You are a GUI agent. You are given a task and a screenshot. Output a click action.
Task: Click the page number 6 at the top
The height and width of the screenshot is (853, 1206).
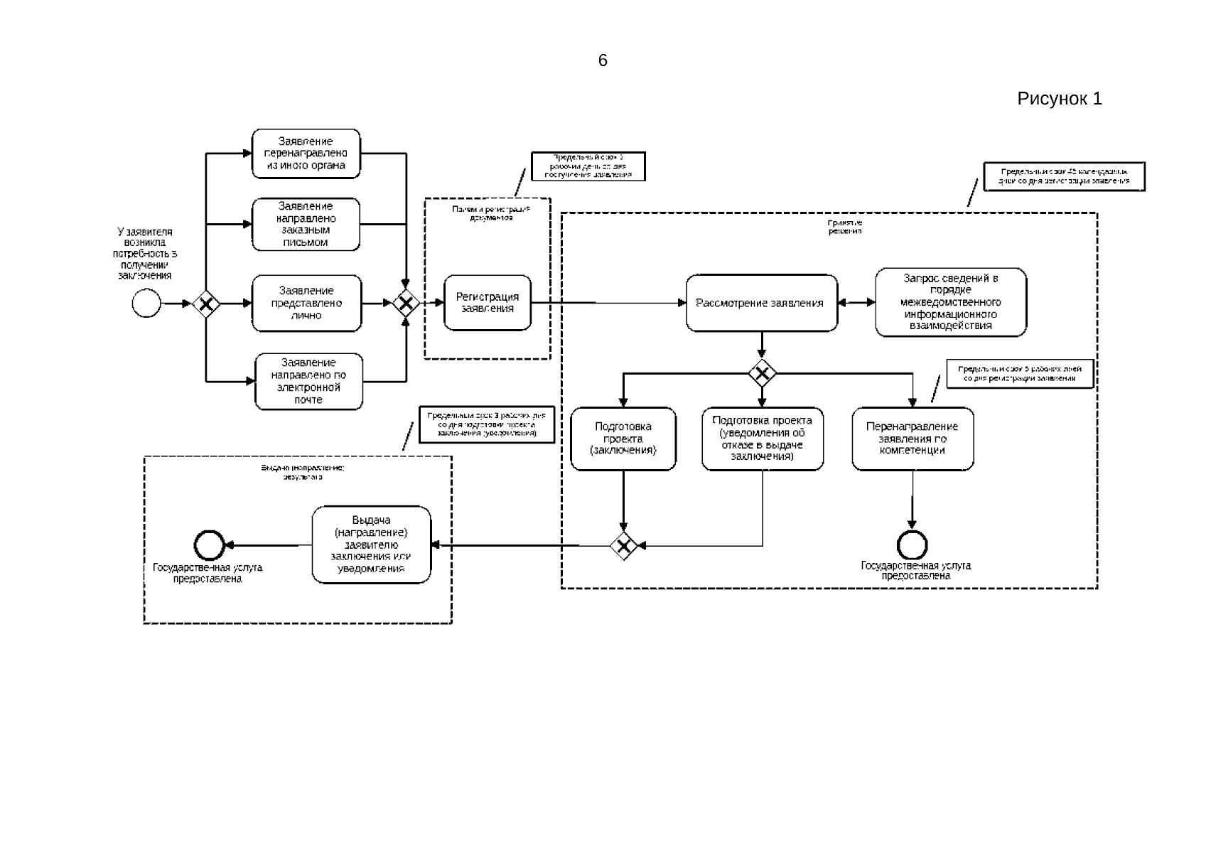pos(603,60)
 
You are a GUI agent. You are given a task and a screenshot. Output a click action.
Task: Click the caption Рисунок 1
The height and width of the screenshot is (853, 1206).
pos(1059,99)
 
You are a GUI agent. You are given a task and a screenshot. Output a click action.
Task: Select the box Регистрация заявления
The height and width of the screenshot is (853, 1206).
pos(488,303)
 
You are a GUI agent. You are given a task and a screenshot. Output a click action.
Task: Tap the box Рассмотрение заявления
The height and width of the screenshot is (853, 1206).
pos(761,303)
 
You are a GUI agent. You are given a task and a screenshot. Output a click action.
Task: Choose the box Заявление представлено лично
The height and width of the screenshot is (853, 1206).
pos(306,303)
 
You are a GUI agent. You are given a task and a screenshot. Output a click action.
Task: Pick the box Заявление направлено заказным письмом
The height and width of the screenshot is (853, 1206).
pos(306,225)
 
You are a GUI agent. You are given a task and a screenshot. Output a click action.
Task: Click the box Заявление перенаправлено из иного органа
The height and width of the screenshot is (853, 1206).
pos(306,154)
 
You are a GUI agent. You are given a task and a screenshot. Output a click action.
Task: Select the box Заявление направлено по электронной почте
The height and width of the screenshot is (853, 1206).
pos(308,382)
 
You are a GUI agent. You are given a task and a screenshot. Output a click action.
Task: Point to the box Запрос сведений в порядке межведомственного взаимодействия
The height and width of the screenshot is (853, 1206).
pos(950,302)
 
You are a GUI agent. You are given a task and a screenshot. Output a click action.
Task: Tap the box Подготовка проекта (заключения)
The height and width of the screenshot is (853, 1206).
pos(623,439)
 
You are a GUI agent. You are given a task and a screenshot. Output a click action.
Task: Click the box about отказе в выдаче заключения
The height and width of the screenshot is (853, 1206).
pos(762,439)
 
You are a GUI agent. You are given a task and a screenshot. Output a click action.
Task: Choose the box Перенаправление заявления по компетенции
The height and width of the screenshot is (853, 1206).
pos(912,439)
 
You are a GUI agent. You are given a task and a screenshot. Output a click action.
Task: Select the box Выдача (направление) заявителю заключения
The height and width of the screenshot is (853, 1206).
pos(371,544)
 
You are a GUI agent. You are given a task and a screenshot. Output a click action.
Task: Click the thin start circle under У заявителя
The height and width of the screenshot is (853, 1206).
pos(146,304)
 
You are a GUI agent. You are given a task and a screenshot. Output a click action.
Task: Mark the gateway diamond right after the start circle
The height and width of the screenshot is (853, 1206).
pos(206,304)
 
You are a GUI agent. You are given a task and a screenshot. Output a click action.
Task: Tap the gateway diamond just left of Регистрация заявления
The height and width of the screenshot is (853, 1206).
pos(406,304)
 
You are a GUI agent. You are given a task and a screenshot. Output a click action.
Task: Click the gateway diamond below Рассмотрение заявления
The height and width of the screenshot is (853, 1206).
pos(762,372)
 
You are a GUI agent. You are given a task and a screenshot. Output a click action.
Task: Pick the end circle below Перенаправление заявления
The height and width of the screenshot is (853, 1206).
pos(912,545)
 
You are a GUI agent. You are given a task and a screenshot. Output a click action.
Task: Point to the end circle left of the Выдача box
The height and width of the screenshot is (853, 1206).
pos(209,545)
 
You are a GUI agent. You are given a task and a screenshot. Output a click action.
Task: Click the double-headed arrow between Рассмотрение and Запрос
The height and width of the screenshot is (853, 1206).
pos(856,303)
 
